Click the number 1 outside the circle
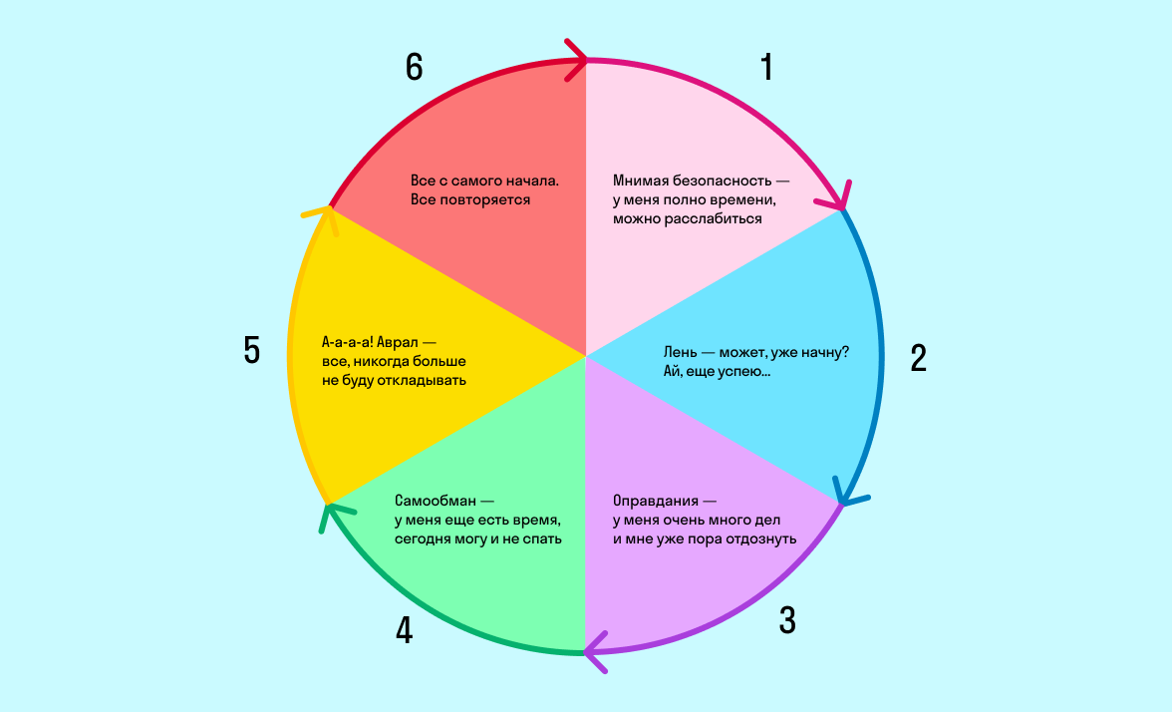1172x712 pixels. (x=766, y=67)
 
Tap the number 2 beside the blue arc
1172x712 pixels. (x=919, y=358)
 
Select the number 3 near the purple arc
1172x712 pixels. (x=787, y=620)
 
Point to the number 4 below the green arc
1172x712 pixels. (x=404, y=630)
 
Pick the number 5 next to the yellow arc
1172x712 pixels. (x=251, y=351)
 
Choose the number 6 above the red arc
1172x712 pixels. (x=415, y=67)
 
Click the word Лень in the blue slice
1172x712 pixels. (x=684, y=353)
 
